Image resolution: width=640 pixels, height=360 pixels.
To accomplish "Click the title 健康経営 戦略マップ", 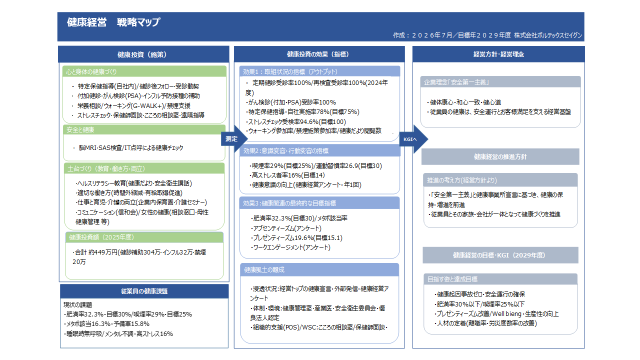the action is tap(113, 22).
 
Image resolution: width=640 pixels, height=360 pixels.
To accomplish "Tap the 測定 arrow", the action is tap(234, 139).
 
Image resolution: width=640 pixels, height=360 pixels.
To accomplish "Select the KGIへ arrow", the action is tap(413, 139).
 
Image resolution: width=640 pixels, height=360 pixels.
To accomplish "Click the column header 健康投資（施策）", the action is tap(142, 54).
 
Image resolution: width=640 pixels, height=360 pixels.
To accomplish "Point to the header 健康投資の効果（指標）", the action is tap(317, 54).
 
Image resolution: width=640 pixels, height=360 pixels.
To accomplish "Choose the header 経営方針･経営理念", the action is tap(498, 54).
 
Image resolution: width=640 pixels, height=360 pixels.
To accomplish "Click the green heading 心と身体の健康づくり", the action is tap(91, 71).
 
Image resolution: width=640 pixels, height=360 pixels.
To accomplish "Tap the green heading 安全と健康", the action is tap(80, 130).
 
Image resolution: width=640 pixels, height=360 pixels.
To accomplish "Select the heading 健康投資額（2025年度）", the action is tap(101, 237).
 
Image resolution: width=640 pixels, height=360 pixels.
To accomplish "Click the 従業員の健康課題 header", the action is tap(144, 291).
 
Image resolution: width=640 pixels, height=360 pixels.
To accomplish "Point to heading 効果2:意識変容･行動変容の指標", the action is tap(285, 151).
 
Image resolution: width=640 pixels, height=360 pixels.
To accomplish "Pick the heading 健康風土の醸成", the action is tap(264, 269).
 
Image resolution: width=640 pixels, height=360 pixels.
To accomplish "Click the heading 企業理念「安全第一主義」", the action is tap(456, 82).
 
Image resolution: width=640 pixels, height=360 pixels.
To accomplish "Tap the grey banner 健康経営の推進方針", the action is tap(500, 156).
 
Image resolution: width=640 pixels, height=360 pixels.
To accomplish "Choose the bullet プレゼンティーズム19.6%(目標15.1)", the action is tap(296, 237).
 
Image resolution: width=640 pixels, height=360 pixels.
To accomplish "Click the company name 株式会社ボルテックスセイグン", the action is tap(548, 35).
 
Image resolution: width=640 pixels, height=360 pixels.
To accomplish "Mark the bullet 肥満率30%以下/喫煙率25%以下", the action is tap(479, 304).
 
